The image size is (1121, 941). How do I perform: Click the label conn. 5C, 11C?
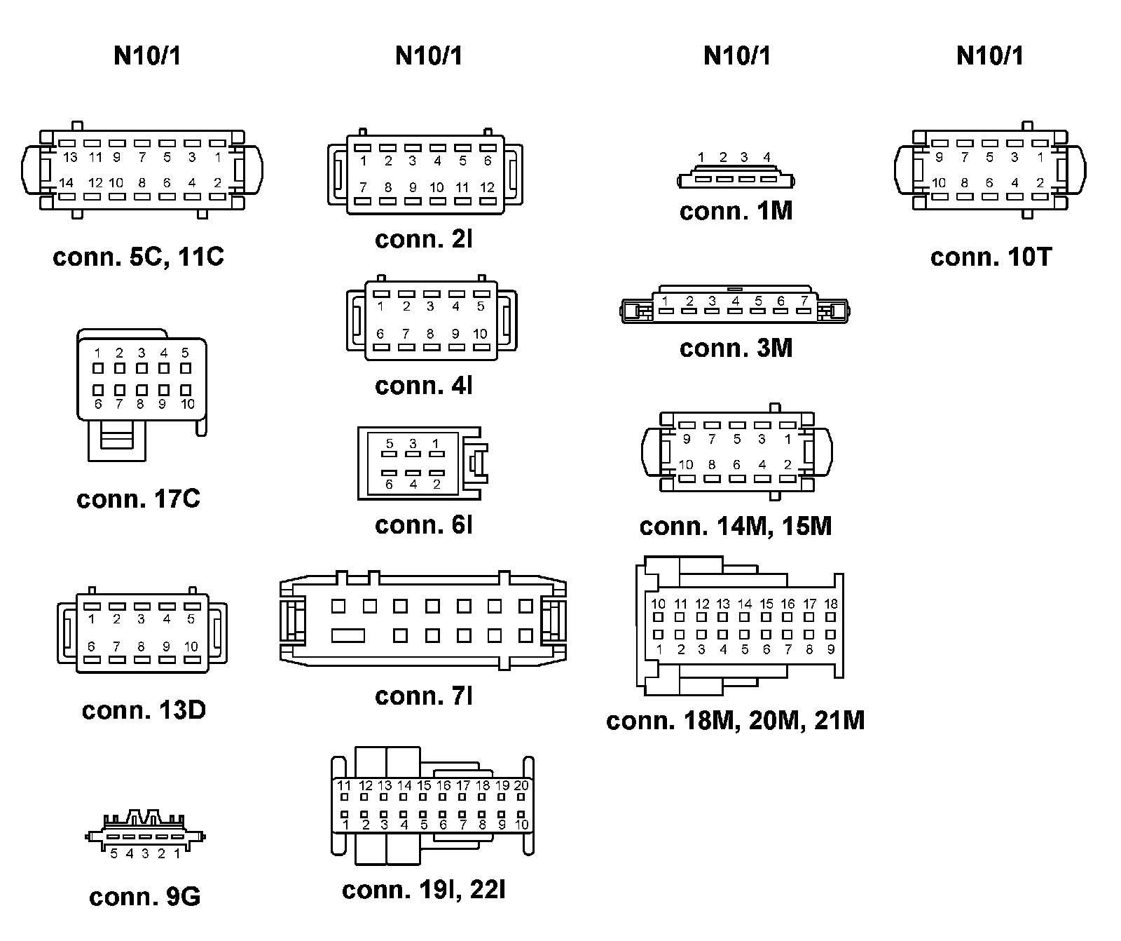coord(138,257)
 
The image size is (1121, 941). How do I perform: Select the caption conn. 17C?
coord(138,499)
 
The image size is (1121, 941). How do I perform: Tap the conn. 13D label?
coord(144,710)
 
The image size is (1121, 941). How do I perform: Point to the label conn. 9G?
coord(144,897)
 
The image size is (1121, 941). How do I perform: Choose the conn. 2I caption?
coord(424,239)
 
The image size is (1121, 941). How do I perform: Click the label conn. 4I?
coord(424,385)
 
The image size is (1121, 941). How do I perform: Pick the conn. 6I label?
coord(424,524)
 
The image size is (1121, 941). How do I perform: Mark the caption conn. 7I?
coord(424,696)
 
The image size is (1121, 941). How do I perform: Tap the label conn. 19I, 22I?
coord(424,890)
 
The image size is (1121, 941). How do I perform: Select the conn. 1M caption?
coord(736,211)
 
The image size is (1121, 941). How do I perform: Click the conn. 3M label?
coord(736,348)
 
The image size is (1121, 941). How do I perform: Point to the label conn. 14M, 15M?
coord(736,526)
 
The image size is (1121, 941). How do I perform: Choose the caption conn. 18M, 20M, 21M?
coord(736,720)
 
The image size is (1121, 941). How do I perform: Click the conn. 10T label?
coord(991,257)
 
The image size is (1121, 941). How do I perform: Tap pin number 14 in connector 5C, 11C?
coord(66,183)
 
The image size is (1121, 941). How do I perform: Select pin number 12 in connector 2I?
coord(488,188)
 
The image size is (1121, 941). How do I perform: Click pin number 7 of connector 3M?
coord(804,302)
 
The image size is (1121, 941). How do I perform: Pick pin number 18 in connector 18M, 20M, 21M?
coord(831,604)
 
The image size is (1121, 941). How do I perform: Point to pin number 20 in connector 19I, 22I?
coord(521,786)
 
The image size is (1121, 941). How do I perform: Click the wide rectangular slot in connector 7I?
coord(348,636)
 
